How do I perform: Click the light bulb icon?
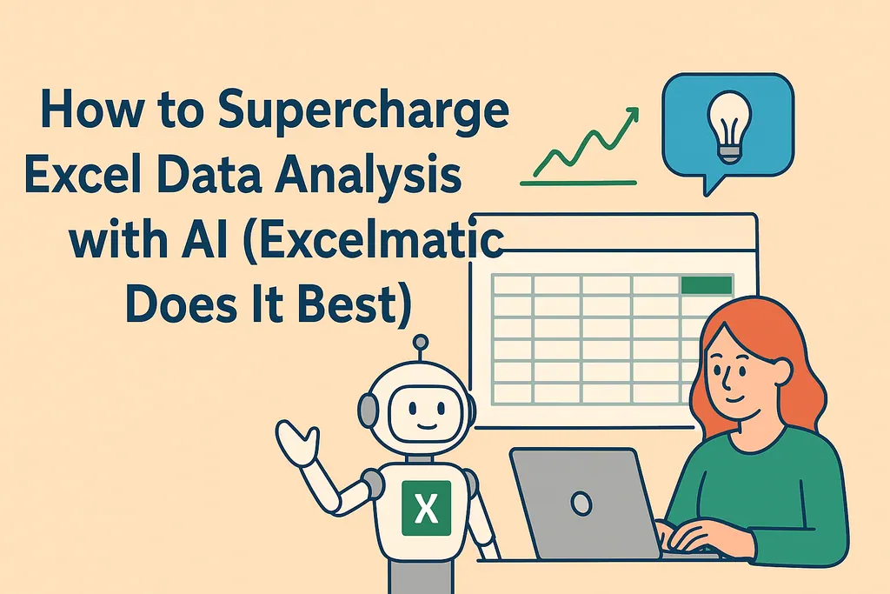(727, 125)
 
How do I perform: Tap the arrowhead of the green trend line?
(632, 115)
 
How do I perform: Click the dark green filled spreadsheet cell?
(707, 285)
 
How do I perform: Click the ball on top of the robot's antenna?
(422, 343)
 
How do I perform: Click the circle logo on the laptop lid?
(581, 502)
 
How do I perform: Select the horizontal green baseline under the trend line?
(577, 184)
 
